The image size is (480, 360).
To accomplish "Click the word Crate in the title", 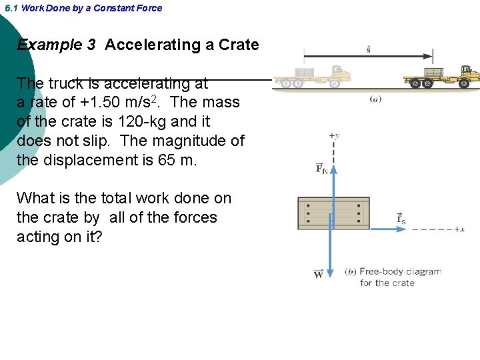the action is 239,45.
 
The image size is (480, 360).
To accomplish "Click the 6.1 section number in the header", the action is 11,8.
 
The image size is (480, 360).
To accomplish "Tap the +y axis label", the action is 333,135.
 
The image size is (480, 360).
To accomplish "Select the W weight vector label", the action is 319,274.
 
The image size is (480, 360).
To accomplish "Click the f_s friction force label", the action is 401,218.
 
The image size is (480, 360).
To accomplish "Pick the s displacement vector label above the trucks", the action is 369,49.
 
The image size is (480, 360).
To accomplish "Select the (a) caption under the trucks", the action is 375,99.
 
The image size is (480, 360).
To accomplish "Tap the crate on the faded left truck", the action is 304,73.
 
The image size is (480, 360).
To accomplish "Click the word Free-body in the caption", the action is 378,271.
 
